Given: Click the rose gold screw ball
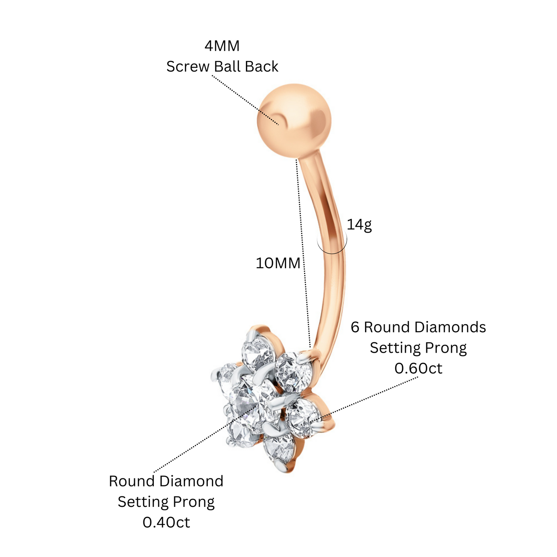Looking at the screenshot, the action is click(x=294, y=121).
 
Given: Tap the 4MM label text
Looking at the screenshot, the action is click(x=222, y=46).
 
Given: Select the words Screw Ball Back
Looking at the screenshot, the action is click(x=222, y=66).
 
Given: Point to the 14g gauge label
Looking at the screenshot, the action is click(x=359, y=225).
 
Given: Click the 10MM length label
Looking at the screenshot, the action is click(x=278, y=263).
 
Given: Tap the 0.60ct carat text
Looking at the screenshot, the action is click(x=418, y=369).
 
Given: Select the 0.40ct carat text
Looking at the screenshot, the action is click(x=166, y=522).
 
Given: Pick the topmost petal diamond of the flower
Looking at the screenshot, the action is click(x=258, y=351).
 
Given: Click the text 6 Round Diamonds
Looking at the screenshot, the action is click(x=418, y=327).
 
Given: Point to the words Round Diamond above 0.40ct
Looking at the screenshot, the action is click(x=166, y=481).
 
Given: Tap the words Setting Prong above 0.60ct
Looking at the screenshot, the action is click(x=418, y=348).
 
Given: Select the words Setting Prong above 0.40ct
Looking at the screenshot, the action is click(x=166, y=502).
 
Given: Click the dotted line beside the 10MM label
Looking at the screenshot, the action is click(x=303, y=253).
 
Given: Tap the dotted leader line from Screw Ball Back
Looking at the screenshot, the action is click(x=245, y=100).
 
